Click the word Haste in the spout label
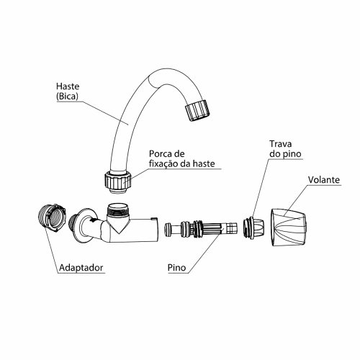[68, 86]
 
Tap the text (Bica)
[67, 96]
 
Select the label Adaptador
[81, 268]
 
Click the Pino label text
[176, 268]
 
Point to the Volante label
[324, 180]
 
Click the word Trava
[281, 144]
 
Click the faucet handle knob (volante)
[289, 227]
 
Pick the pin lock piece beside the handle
[253, 227]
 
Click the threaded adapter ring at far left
[52, 217]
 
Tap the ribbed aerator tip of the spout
[197, 110]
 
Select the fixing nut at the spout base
[118, 181]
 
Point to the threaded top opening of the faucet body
[117, 210]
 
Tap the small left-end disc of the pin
[168, 230]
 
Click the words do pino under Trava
[285, 154]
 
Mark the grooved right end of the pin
[231, 229]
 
